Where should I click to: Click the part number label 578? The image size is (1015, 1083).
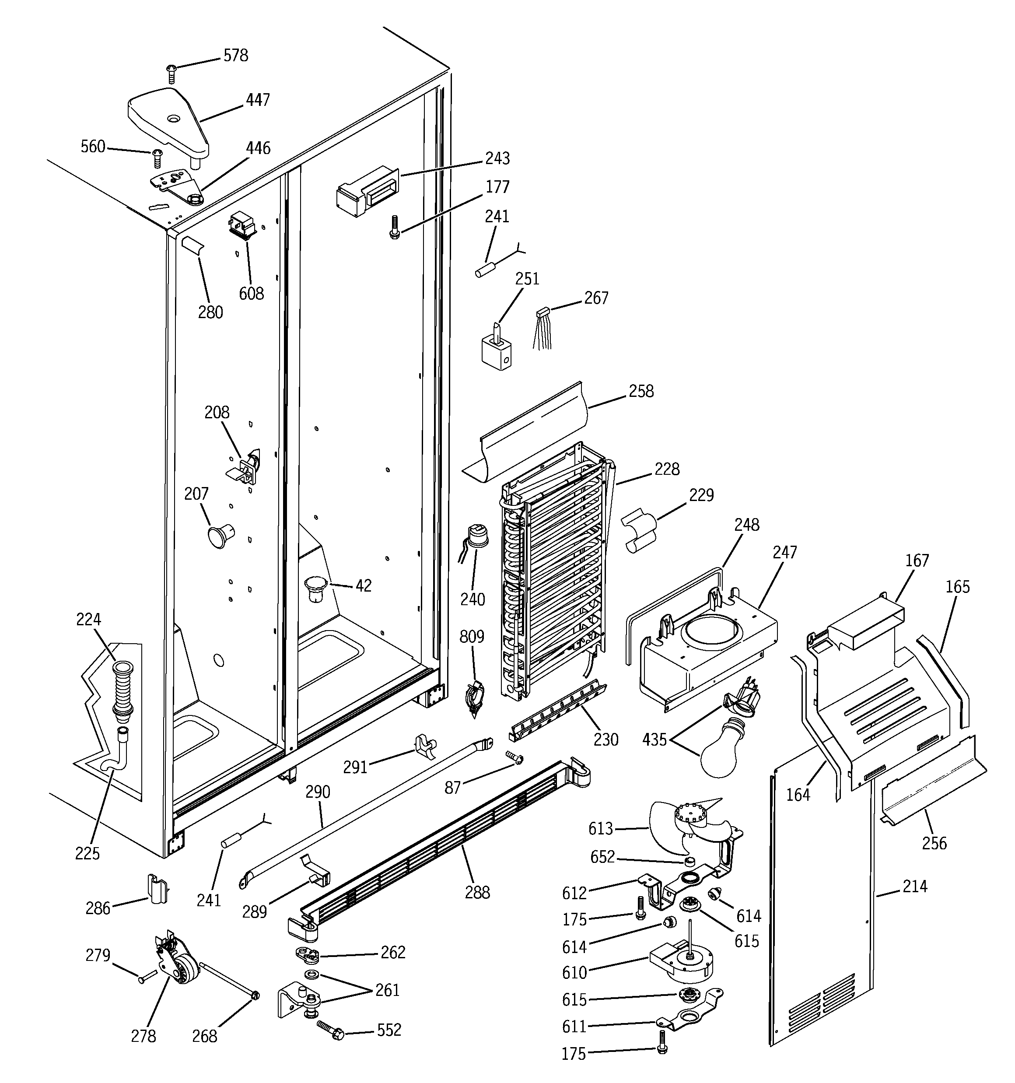(x=235, y=56)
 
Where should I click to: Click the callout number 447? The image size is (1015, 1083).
(x=257, y=100)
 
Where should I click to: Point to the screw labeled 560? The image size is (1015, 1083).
(x=158, y=158)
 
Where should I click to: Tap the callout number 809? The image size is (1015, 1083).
(x=471, y=637)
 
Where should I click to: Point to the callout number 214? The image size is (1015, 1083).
(x=914, y=887)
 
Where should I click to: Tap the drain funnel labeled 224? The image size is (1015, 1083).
(x=122, y=689)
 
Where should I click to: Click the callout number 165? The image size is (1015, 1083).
(x=957, y=587)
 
